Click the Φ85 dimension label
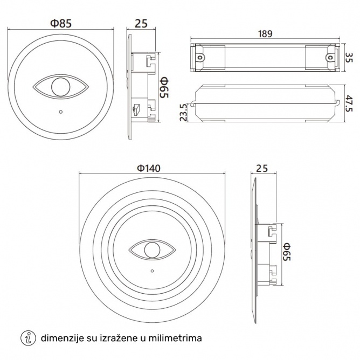[61, 23]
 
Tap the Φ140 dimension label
[149, 168]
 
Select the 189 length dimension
[265, 34]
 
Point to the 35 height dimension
[349, 58]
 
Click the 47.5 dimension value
[349, 103]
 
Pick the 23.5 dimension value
[183, 112]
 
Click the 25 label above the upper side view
[141, 23]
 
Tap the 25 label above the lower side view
[262, 169]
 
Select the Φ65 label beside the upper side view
[164, 87]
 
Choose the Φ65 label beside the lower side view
[287, 252]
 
